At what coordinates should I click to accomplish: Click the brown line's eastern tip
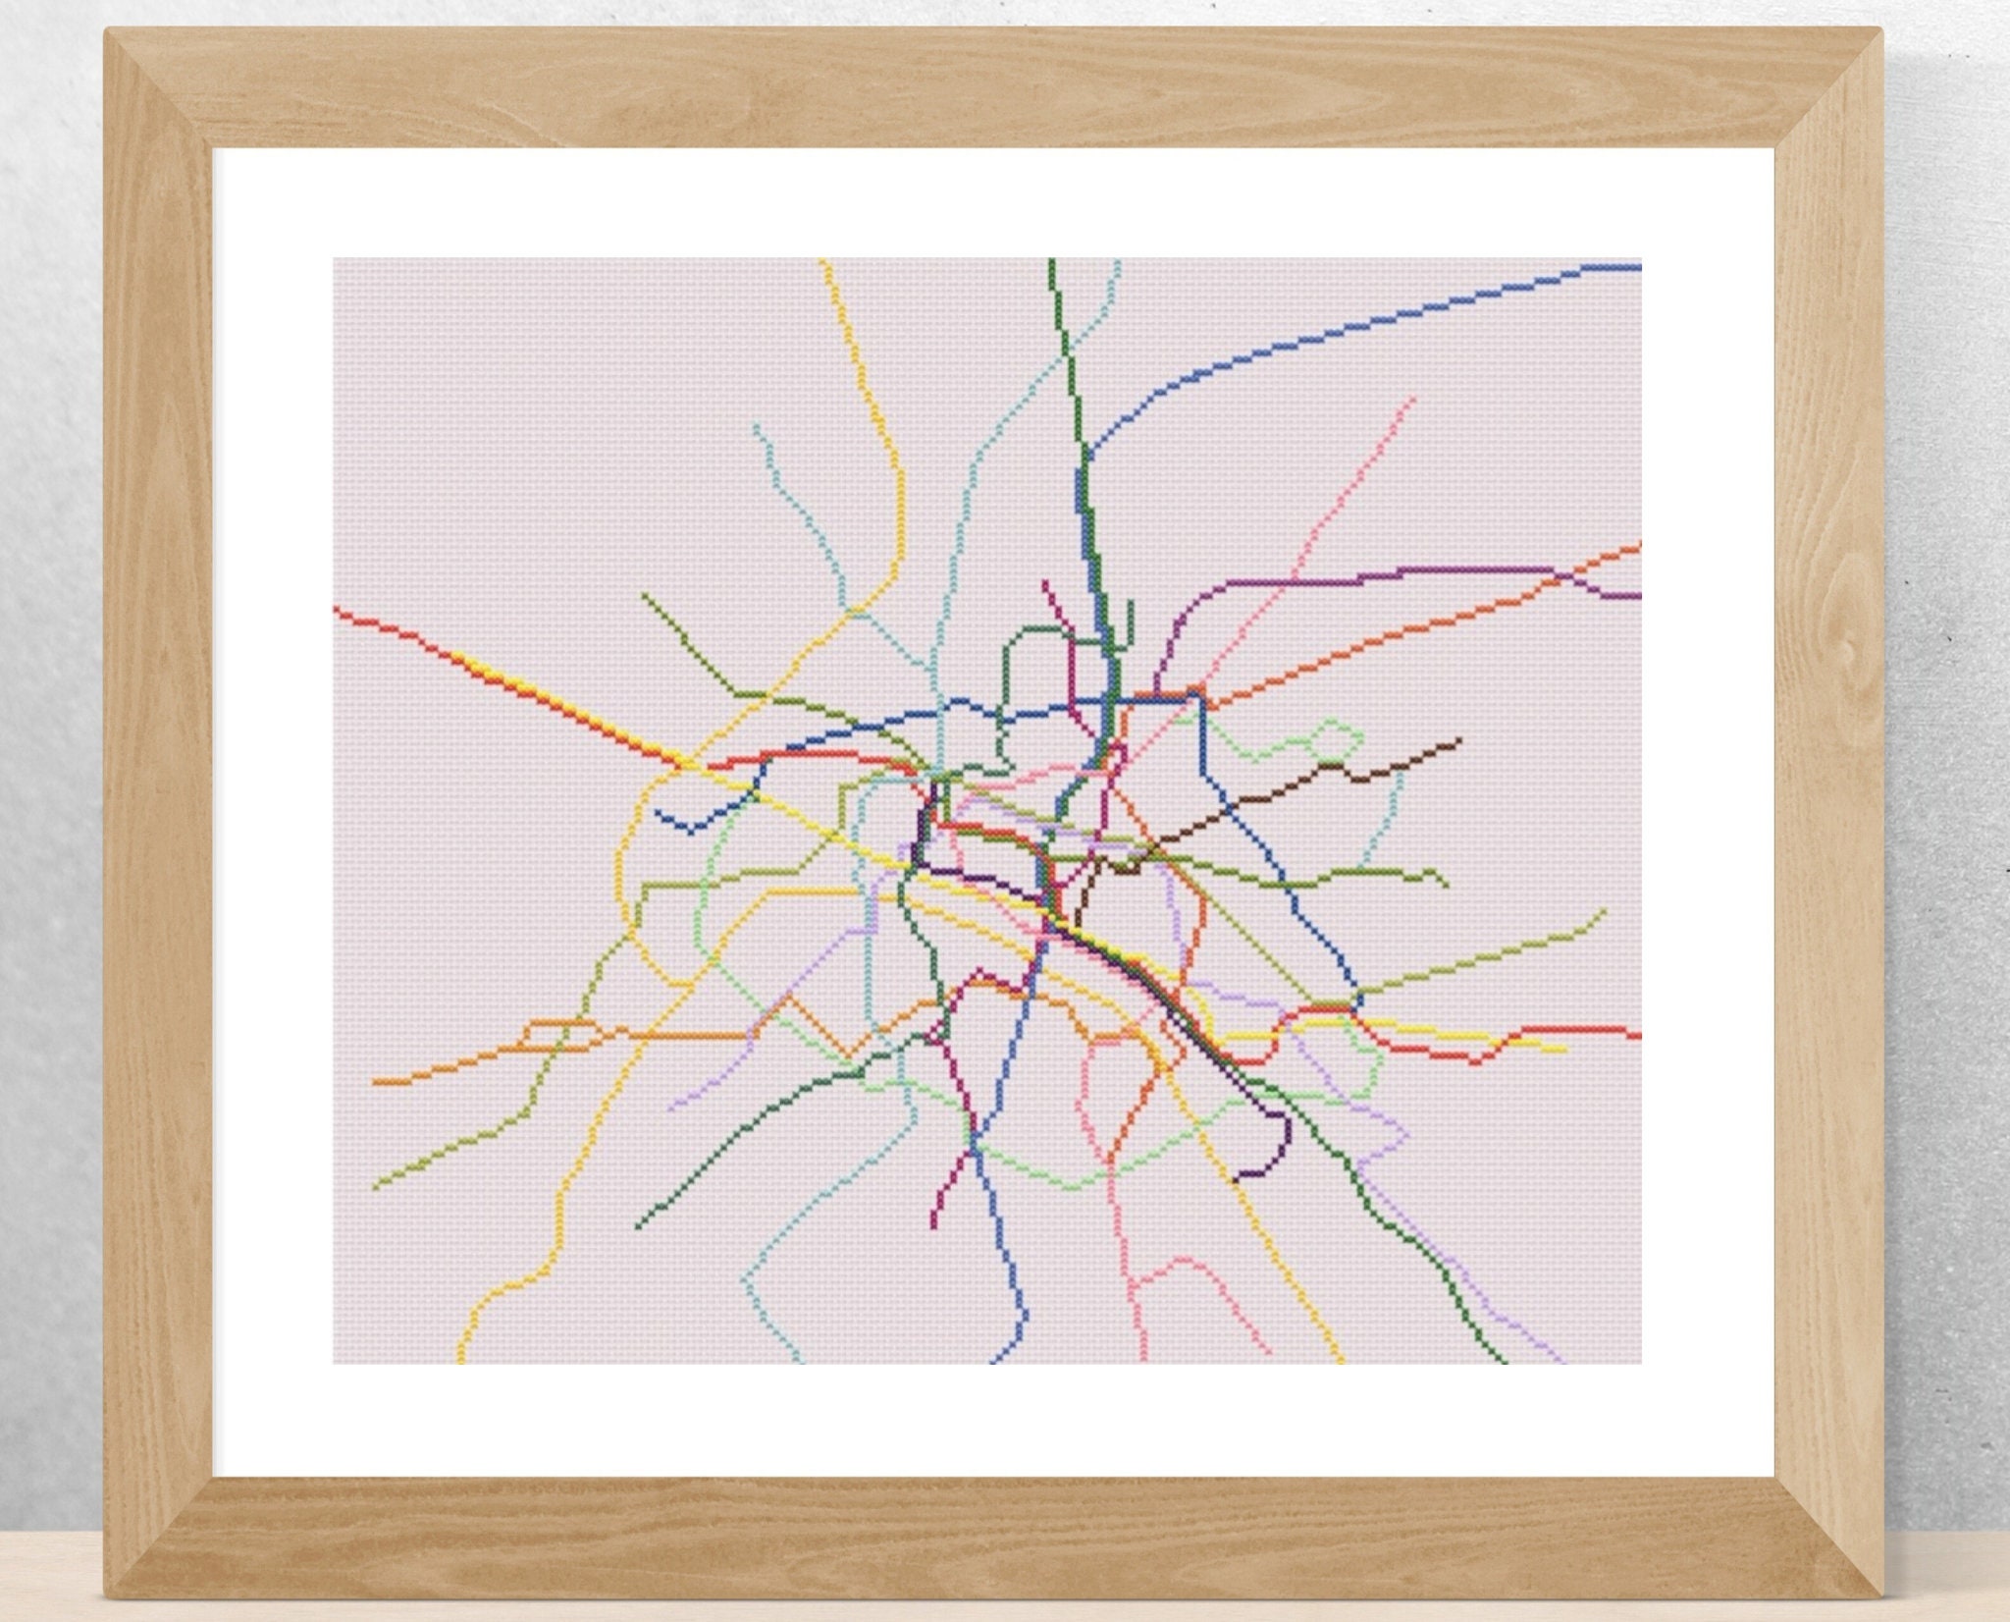click(x=1459, y=739)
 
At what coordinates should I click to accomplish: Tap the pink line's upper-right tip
click(x=1413, y=399)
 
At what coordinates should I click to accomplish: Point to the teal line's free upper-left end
click(x=756, y=426)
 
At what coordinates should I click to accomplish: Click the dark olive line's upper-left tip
click(x=644, y=594)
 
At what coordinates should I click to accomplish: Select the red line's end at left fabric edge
click(x=337, y=609)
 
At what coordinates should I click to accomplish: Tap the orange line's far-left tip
click(x=375, y=1082)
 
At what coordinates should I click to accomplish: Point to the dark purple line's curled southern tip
click(x=1237, y=1175)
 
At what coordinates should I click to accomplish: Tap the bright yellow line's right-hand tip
click(x=1564, y=1050)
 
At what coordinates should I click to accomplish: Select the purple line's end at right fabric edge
click(x=1639, y=596)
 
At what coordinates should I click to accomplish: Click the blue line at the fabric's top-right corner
click(x=1637, y=265)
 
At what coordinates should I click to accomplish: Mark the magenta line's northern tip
click(x=1044, y=582)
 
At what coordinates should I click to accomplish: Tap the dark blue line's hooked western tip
click(x=658, y=814)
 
